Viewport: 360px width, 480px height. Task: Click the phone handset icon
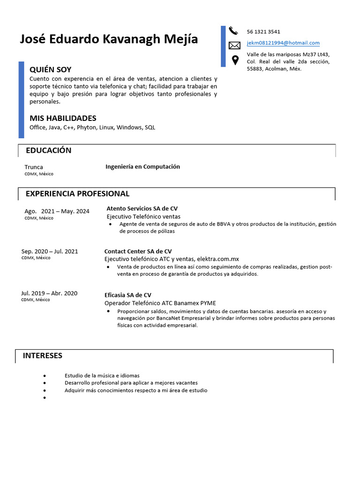click(x=233, y=31)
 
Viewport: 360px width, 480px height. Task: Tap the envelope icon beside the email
click(x=234, y=45)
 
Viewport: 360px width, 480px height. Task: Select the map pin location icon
click(x=235, y=60)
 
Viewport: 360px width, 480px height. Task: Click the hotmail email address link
click(x=283, y=43)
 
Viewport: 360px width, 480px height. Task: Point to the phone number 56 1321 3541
click(x=263, y=32)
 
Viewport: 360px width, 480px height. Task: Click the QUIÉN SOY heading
click(x=51, y=69)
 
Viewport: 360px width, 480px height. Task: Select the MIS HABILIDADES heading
click(x=63, y=118)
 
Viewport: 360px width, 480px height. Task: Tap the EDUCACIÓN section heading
click(x=49, y=150)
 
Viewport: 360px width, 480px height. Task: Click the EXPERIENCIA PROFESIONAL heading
click(x=77, y=194)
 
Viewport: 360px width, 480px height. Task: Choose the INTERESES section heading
click(x=43, y=355)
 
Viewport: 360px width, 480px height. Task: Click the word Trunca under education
click(x=34, y=167)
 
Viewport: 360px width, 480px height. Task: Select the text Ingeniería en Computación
click(x=142, y=166)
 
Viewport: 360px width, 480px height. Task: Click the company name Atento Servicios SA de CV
click(x=142, y=209)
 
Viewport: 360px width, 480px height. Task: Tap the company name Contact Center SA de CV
click(x=138, y=251)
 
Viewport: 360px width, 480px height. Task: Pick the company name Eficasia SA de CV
click(x=127, y=295)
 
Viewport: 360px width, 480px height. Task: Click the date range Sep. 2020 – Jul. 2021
click(x=50, y=251)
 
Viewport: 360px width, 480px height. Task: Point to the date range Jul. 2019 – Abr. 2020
click(x=49, y=293)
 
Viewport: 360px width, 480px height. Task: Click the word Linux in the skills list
click(x=106, y=127)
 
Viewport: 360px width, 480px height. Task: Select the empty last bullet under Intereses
click(x=45, y=397)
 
